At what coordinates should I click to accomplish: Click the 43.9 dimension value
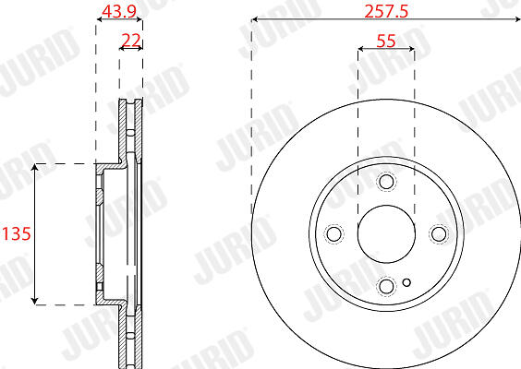pos(119,12)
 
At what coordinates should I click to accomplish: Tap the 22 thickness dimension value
pos(131,41)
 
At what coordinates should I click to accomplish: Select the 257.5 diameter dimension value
pos(386,12)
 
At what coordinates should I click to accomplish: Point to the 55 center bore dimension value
pos(386,42)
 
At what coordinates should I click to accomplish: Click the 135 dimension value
pos(17,233)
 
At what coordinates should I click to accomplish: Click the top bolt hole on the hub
pos(386,181)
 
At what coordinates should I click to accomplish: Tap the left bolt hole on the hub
pos(333,233)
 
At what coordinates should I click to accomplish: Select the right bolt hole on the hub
pos(439,233)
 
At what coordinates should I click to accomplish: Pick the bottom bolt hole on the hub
pos(386,286)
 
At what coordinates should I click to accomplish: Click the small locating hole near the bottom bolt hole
pos(406,282)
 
